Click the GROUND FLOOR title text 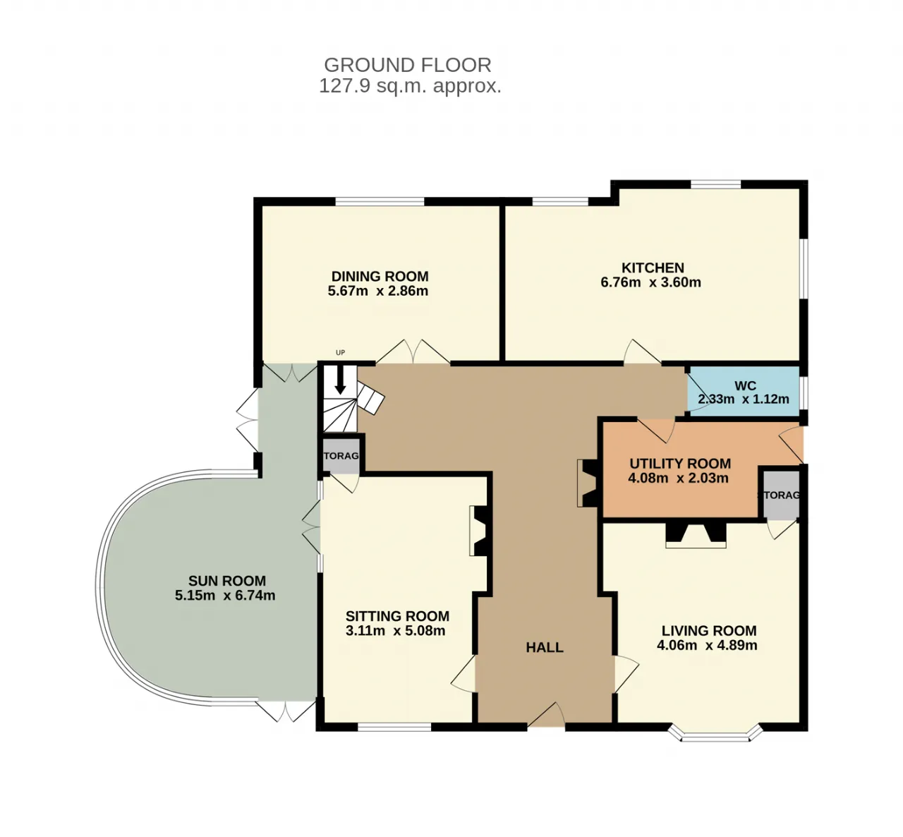(407, 65)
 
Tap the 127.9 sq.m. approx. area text (410, 86)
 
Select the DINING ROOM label (380, 276)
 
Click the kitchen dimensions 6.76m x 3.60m (650, 282)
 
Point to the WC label (745, 386)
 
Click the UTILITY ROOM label (680, 464)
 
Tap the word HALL (545, 647)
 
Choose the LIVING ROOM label (709, 630)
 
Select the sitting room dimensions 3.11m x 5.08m (395, 630)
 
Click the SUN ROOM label (227, 581)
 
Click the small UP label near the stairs (340, 353)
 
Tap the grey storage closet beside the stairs (341, 456)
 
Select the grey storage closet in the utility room (782, 495)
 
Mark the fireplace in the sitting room (480, 531)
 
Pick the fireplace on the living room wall (696, 535)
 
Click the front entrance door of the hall (546, 715)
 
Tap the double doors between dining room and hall (413, 352)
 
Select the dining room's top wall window (380, 202)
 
